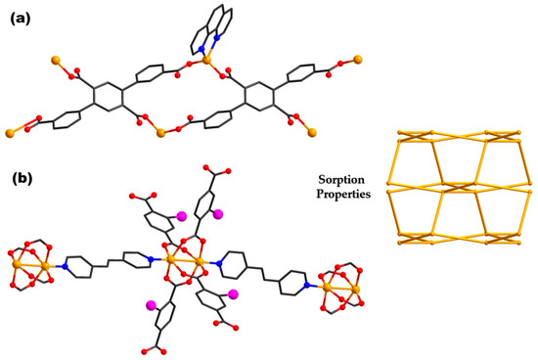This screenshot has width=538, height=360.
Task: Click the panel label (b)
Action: [x=23, y=179]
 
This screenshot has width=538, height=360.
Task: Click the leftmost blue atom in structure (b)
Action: [x=64, y=264]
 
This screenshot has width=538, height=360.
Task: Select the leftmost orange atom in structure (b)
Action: [x=17, y=264]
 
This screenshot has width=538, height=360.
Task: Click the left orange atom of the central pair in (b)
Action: [x=170, y=260]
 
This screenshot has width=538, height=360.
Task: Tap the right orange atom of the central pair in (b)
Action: [x=200, y=263]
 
